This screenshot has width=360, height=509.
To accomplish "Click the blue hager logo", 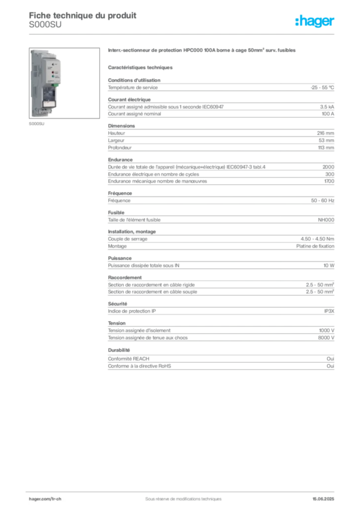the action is (x=315, y=22).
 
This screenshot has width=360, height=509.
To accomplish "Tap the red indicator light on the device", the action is (x=53, y=72).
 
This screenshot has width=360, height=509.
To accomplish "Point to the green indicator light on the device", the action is (x=53, y=77).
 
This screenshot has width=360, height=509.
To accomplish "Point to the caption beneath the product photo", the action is (x=38, y=124).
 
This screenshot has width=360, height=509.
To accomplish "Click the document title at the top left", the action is (x=82, y=15).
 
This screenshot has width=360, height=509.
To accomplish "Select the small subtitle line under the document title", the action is (x=46, y=29).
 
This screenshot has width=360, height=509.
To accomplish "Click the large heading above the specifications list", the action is (x=202, y=51).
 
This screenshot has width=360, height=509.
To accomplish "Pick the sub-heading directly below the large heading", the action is (x=141, y=67).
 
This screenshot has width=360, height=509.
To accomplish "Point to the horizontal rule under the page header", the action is (x=183, y=34).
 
